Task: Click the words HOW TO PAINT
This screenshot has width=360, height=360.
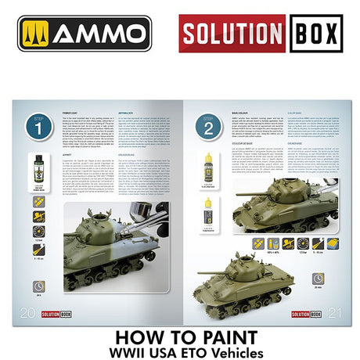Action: point(180,331)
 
